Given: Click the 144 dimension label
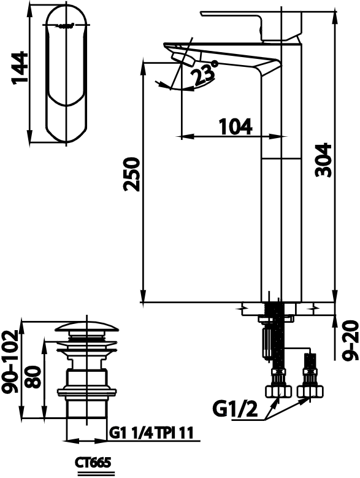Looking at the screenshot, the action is pyautogui.click(x=20, y=67).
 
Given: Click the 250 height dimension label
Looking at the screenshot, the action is pyautogui.click(x=131, y=174).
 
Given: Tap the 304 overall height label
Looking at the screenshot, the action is pyautogui.click(x=323, y=160).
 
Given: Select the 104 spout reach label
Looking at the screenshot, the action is pyautogui.click(x=236, y=126).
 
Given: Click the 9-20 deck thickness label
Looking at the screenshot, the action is pyautogui.click(x=349, y=340).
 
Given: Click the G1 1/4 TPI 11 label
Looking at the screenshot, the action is pyautogui.click(x=151, y=433).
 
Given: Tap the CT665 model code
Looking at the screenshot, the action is pyautogui.click(x=93, y=463).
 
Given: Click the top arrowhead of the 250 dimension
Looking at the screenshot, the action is pyautogui.click(x=143, y=69).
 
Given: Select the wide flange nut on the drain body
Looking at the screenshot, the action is pyautogui.click(x=87, y=392).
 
